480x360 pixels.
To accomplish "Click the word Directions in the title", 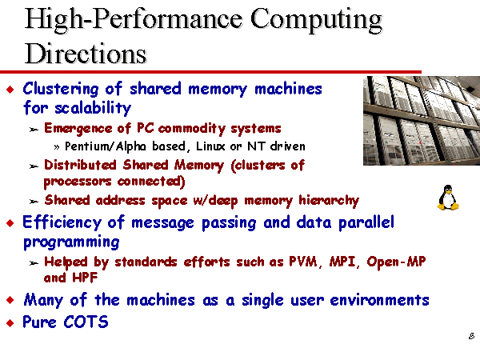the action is click(x=86, y=54).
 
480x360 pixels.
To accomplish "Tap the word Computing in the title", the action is click(x=316, y=20).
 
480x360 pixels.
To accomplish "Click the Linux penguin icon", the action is click(x=448, y=198).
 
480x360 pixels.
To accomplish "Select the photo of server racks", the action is click(x=422, y=121).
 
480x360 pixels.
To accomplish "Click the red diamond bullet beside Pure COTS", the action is click(x=10, y=322).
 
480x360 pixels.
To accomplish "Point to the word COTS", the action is click(x=86, y=322).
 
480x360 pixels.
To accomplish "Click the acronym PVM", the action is click(x=303, y=262).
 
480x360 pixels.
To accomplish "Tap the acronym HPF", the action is click(x=85, y=278).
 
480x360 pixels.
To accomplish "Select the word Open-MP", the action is click(x=397, y=262).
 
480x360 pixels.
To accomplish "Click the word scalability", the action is click(x=93, y=108).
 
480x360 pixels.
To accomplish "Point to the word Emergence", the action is click(x=78, y=129).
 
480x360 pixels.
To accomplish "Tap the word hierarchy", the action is click(x=329, y=201).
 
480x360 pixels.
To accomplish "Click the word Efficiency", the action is click(x=62, y=223).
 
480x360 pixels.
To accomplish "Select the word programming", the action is click(x=71, y=242).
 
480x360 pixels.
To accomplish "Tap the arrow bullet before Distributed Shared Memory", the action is click(x=34, y=166).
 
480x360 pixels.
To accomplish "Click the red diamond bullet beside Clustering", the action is click(x=10, y=90).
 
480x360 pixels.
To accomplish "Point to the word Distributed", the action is click(x=80, y=165).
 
